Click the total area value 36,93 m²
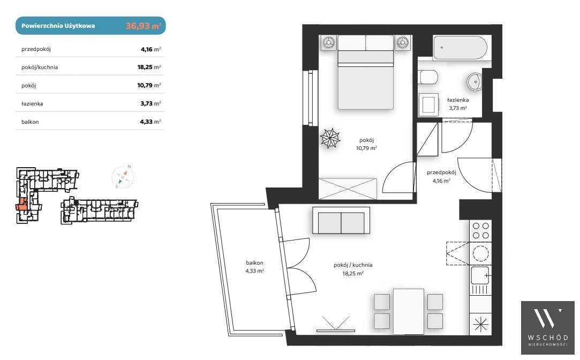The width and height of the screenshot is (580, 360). pyautogui.click(x=143, y=26)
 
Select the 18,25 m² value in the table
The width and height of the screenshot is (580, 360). pyautogui.click(x=149, y=67)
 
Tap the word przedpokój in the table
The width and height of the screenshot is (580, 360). pyautogui.click(x=36, y=49)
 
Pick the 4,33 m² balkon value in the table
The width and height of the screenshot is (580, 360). pyautogui.click(x=150, y=122)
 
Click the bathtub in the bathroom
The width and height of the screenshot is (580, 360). pyautogui.click(x=460, y=48)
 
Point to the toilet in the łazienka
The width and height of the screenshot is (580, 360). pyautogui.click(x=429, y=77)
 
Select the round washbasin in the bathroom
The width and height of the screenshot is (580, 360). pyautogui.click(x=474, y=82)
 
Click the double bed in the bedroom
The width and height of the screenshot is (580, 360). pyautogui.click(x=365, y=72)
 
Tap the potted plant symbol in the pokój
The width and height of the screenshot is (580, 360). pyautogui.click(x=330, y=138)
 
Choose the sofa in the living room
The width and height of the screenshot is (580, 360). pyautogui.click(x=341, y=220)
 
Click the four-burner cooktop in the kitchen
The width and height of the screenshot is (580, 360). pyautogui.click(x=480, y=230)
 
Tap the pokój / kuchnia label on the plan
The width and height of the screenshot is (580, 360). pyautogui.click(x=353, y=265)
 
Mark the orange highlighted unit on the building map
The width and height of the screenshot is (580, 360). pyautogui.click(x=21, y=205)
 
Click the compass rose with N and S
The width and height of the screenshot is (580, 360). pyautogui.click(x=123, y=177)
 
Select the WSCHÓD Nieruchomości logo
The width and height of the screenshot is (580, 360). pyautogui.click(x=547, y=328)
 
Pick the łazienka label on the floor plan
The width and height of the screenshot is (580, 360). pyautogui.click(x=458, y=100)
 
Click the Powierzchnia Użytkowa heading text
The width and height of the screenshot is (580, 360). pyautogui.click(x=58, y=26)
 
